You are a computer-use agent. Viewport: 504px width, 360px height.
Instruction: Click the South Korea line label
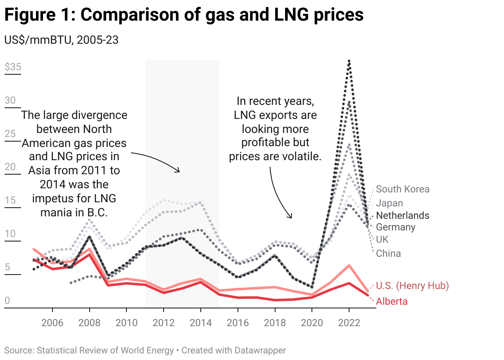(402, 189)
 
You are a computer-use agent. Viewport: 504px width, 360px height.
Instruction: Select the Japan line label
(389, 203)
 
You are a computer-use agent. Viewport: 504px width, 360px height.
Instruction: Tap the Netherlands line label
(402, 216)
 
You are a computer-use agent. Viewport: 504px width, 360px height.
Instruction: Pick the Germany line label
(395, 227)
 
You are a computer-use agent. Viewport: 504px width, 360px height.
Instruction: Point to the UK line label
(382, 239)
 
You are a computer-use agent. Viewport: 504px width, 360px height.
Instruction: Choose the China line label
(388, 253)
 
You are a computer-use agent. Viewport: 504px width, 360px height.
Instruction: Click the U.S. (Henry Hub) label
(412, 285)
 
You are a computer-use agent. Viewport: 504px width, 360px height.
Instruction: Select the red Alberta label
(392, 301)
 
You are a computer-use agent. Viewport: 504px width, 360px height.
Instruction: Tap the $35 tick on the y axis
(13, 67)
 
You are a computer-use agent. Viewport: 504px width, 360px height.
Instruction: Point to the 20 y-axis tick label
(10, 167)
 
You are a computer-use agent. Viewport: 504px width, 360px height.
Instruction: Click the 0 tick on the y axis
(7, 301)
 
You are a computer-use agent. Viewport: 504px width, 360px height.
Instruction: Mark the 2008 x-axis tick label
(90, 322)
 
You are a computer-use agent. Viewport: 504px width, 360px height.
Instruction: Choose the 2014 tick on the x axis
(200, 322)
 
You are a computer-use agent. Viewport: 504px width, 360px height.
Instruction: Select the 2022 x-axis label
(349, 322)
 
